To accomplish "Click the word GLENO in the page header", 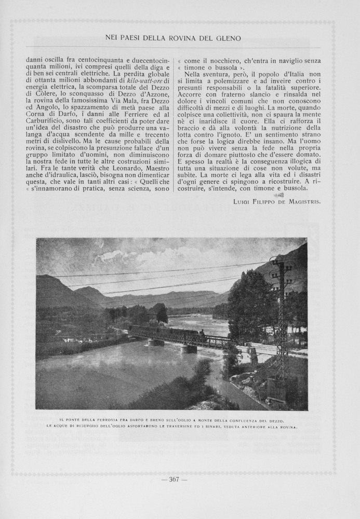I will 228,38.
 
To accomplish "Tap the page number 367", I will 174,479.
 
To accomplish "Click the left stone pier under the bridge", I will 155,343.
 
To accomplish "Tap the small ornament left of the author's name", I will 279,195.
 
